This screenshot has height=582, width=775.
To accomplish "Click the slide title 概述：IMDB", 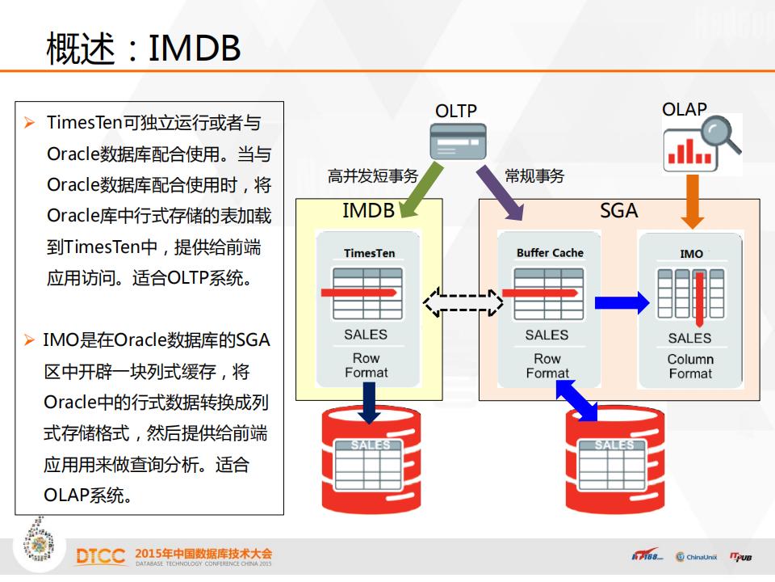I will (144, 48).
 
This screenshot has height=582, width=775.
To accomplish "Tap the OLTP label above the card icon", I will (456, 111).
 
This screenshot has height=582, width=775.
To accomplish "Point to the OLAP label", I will (684, 109).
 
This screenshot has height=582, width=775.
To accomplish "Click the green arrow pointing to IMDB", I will (421, 190).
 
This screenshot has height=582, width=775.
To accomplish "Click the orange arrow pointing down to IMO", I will (692, 200).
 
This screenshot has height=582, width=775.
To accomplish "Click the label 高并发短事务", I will (372, 176).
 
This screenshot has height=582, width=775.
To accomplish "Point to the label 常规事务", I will (534, 176).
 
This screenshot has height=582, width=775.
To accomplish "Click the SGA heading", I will (619, 211).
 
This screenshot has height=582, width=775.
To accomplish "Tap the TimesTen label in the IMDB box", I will (369, 253).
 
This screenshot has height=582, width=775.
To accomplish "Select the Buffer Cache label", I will (549, 253).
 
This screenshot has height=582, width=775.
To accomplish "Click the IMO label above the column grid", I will (691, 254).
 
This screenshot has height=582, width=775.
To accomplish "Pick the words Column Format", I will (690, 366).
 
